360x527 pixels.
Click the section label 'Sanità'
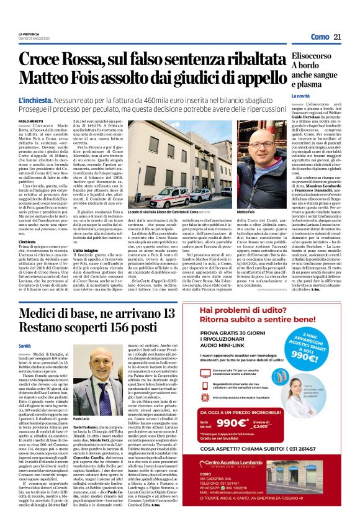pos(25,345)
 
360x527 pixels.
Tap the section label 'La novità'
pos(300,96)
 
